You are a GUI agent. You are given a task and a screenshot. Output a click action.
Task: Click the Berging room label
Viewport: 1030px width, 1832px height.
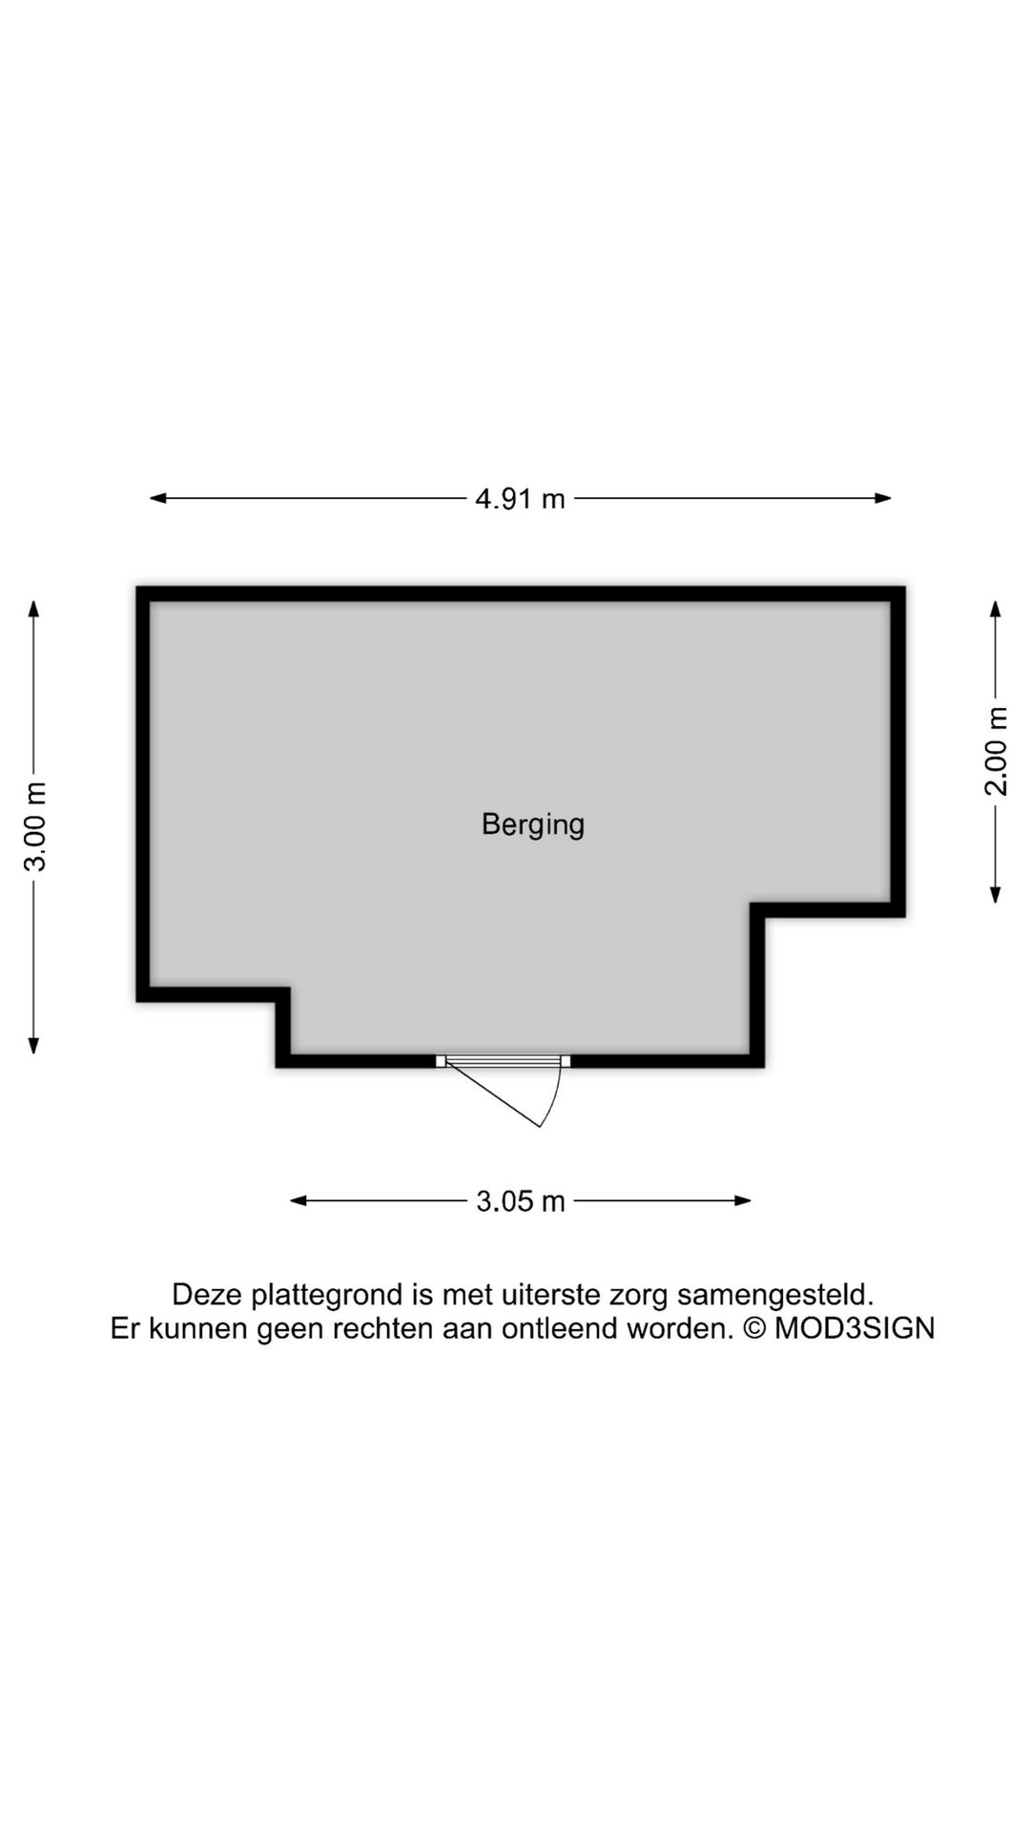[532, 824]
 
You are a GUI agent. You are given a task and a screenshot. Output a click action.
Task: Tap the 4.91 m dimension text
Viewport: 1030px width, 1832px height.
[520, 498]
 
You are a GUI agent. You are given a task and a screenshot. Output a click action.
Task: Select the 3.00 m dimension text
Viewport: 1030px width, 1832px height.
[35, 826]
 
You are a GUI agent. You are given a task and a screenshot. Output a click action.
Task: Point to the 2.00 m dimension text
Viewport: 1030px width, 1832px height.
[996, 751]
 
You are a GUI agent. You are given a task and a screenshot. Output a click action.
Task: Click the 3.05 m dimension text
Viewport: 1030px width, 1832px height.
[521, 1201]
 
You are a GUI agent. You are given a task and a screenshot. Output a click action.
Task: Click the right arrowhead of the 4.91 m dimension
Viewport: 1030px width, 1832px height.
[882, 498]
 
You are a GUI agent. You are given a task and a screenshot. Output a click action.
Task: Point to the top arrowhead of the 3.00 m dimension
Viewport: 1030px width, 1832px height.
[34, 610]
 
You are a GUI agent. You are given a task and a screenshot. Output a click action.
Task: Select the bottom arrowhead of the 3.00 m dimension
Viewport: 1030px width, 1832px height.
[34, 1045]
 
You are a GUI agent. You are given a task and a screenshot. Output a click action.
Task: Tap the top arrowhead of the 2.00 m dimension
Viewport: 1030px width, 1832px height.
[996, 610]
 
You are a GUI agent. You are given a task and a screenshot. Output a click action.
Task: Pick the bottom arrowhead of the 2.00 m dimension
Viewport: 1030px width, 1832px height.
[996, 894]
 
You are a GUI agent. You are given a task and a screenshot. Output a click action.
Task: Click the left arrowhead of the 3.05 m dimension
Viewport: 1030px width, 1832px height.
[299, 1200]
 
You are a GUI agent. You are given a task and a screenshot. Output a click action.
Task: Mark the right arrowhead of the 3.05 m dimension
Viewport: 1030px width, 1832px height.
[742, 1200]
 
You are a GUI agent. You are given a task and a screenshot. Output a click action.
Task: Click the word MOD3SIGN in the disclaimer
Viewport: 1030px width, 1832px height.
[855, 1328]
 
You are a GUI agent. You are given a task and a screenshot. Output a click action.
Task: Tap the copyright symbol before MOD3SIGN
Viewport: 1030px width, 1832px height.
[753, 1328]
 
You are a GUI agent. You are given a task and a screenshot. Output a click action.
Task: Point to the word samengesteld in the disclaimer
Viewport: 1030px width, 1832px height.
[775, 1295]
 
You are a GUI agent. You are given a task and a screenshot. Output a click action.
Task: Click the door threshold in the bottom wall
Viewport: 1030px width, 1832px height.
[504, 1061]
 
